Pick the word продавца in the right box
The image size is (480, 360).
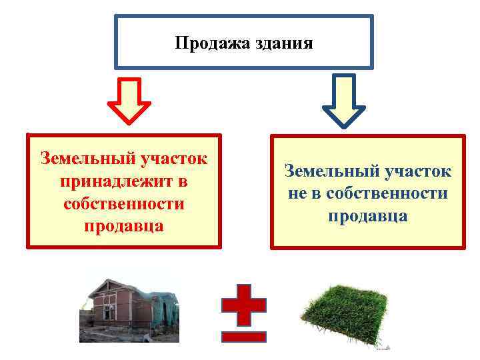(x=367, y=217)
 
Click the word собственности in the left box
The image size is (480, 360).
(x=124, y=204)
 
